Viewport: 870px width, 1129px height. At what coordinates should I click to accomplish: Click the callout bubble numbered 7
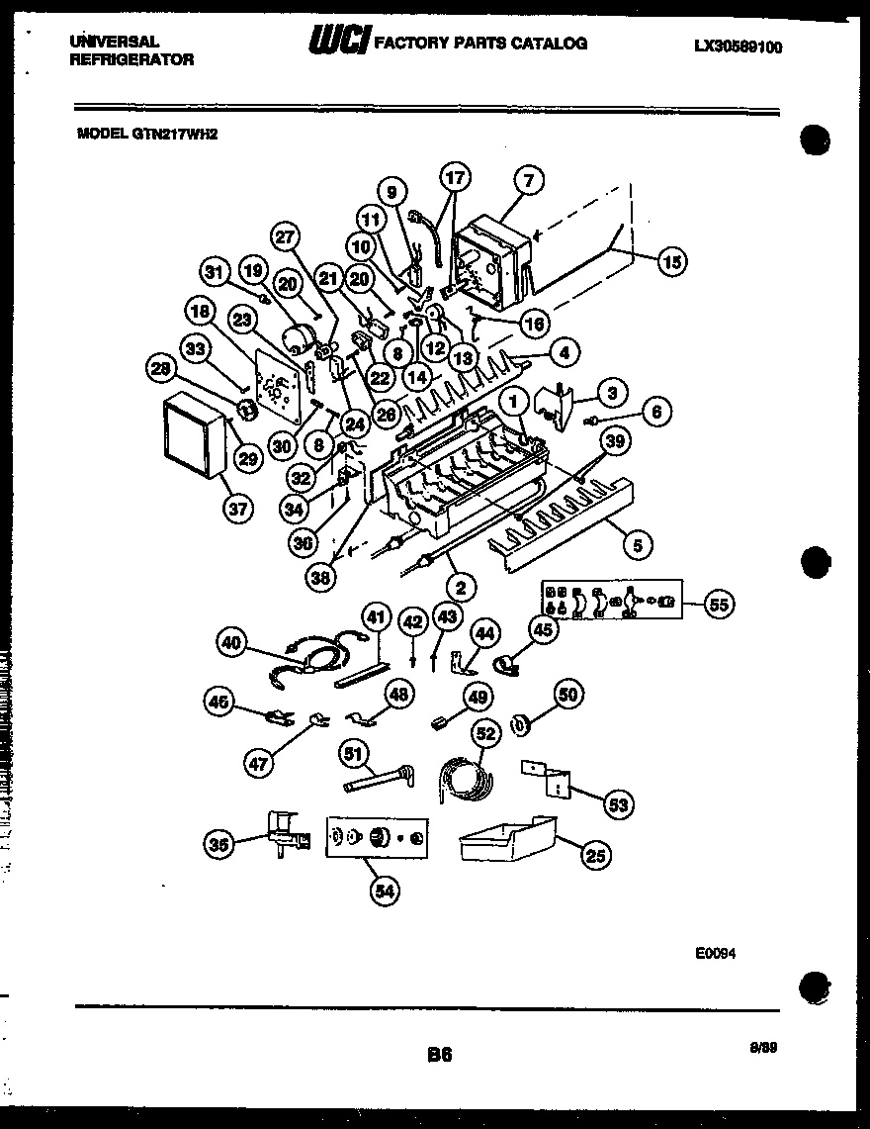529,180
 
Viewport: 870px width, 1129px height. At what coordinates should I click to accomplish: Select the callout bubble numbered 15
671,261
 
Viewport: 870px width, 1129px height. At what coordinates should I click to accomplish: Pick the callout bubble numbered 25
595,855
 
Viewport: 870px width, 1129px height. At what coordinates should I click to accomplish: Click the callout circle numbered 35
219,844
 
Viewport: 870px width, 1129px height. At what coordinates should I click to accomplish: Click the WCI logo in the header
339,42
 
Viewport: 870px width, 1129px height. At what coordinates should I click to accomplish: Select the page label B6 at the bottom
439,1056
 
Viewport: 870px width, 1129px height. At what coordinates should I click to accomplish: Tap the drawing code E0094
714,954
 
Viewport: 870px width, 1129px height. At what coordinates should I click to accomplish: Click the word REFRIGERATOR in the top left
132,59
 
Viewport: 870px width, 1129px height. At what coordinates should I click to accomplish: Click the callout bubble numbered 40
230,642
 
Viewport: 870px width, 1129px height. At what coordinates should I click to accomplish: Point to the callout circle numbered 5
638,543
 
